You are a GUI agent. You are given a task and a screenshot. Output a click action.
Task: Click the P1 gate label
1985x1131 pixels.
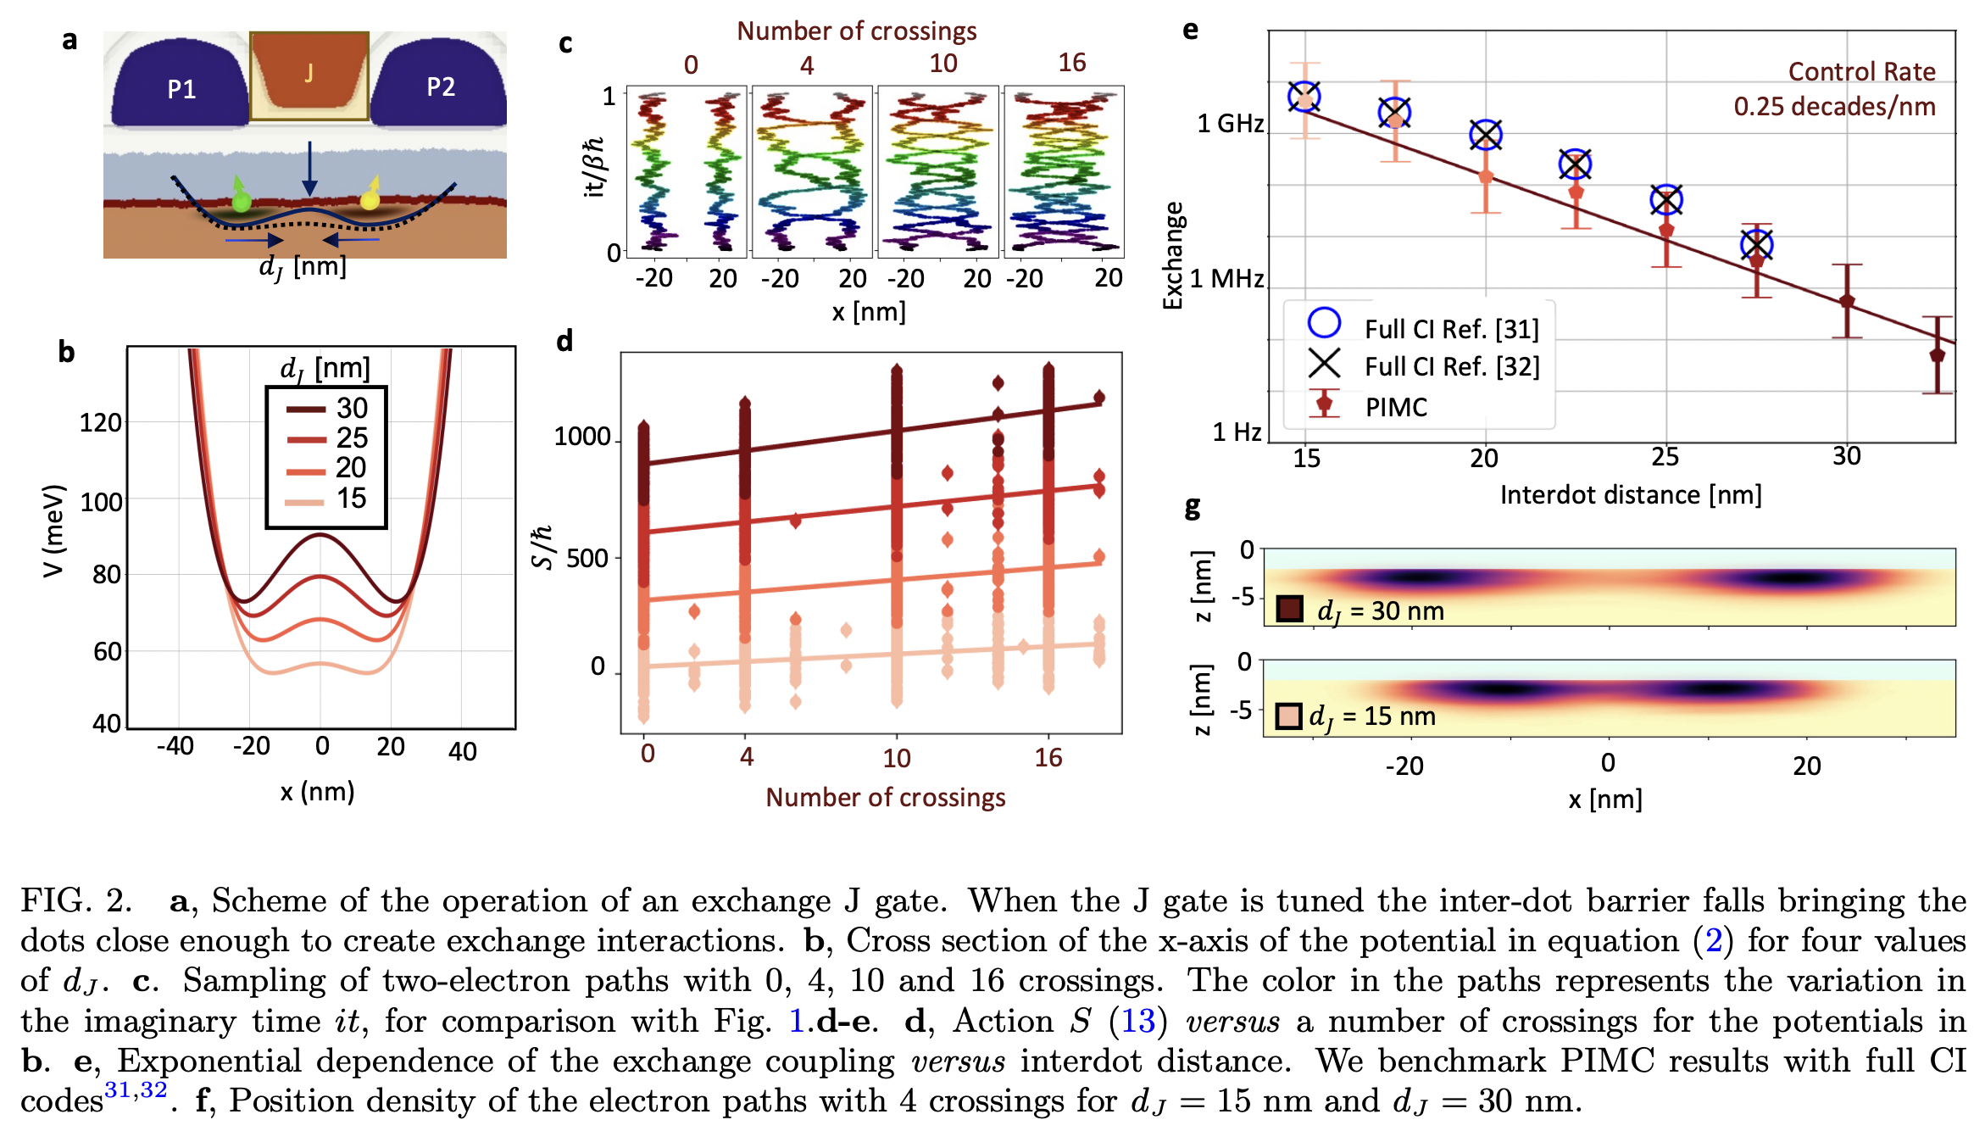(181, 89)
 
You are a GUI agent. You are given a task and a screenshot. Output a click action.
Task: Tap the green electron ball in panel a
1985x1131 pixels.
(242, 202)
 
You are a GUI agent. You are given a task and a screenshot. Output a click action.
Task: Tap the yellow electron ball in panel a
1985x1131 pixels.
(370, 200)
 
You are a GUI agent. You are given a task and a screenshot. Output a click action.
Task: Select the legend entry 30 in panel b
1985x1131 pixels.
(351, 409)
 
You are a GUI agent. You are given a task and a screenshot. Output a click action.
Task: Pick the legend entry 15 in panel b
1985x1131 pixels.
(351, 499)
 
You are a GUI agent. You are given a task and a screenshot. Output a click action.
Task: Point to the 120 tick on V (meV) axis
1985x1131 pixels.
(100, 422)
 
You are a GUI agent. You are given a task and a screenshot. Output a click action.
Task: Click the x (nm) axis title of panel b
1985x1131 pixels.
(317, 792)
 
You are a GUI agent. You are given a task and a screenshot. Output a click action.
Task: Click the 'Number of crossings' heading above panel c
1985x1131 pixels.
(856, 31)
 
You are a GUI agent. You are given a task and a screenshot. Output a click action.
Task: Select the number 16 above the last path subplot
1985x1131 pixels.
(1071, 63)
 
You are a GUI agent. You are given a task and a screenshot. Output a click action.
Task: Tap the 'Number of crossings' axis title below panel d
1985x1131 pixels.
(885, 798)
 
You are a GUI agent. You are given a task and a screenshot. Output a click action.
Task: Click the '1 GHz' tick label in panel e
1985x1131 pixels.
(1230, 124)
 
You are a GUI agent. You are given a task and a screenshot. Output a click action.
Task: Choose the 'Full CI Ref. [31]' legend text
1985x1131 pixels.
(1451, 329)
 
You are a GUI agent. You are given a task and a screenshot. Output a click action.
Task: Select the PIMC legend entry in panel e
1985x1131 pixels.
(1395, 407)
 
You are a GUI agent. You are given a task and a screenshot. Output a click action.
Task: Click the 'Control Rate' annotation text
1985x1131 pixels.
(1861, 72)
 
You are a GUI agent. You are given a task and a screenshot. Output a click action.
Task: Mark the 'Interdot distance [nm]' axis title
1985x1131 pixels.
(1630, 495)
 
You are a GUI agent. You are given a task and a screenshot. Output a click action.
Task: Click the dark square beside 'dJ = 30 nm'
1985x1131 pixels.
(1289, 610)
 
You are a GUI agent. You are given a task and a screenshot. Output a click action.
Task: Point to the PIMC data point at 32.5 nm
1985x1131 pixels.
(1937, 355)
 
